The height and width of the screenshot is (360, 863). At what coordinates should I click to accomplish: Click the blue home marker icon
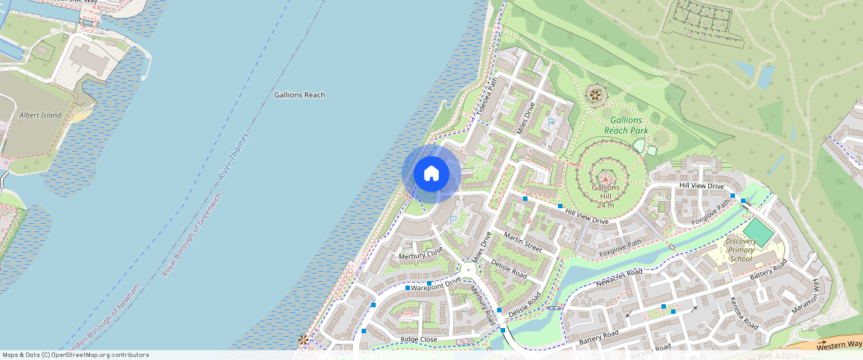[x=431, y=174]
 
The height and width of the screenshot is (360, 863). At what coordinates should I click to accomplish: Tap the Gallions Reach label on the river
[x=299, y=95]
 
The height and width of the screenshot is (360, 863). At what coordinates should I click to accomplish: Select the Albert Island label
[x=40, y=116]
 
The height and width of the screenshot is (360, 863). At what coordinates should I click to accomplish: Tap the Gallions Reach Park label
[x=625, y=125]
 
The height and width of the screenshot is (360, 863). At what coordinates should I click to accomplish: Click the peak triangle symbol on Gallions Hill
[x=606, y=179]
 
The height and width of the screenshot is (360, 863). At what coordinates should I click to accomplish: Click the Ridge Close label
[x=418, y=339]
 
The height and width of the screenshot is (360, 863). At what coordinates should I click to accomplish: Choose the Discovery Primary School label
[x=741, y=250]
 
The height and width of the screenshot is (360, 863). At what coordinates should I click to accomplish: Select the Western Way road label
[x=838, y=345]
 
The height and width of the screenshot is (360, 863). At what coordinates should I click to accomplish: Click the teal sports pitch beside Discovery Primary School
[x=757, y=231]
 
